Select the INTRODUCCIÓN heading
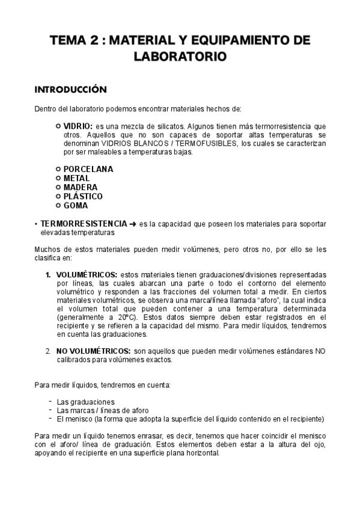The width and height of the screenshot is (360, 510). coord(70,90)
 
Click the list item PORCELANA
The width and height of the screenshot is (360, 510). coord(88,169)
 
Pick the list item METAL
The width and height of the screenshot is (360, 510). coord(76,178)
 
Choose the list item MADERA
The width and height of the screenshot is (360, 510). coord(81,187)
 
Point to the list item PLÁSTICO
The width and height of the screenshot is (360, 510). coord(83,196)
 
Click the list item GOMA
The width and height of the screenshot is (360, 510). coord(76,205)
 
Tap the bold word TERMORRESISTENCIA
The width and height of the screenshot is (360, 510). coord(84,223)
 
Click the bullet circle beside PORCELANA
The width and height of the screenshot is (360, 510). coord(58,169)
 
